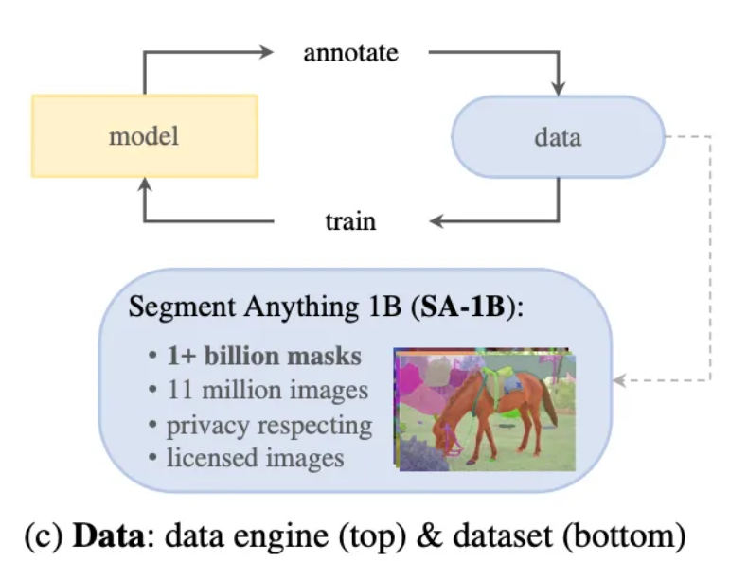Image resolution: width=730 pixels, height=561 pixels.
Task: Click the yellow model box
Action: tap(144, 135)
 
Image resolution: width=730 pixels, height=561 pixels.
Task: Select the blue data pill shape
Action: tap(559, 137)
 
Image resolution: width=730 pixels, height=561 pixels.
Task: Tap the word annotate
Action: tap(350, 52)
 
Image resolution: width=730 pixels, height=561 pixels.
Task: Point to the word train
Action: tap(350, 222)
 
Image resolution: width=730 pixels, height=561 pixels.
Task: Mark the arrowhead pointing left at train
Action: tap(436, 222)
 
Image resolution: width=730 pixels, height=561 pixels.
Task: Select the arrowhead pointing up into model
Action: tap(144, 184)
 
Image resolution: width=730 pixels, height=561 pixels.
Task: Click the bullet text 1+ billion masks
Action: tap(263, 357)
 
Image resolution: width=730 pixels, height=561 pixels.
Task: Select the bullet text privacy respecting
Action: tap(269, 425)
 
